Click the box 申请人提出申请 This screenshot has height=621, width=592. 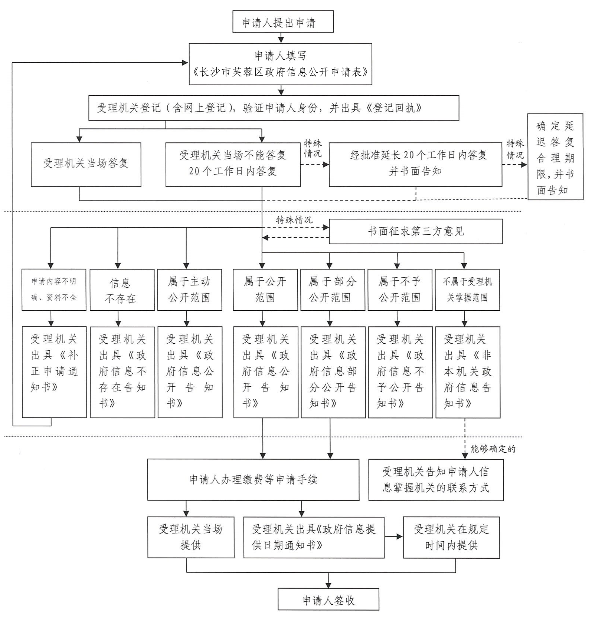point(283,22)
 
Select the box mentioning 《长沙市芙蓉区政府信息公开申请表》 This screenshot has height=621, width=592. point(280,64)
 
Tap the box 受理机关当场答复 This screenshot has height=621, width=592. point(86,164)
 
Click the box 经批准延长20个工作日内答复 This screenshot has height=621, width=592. point(415,164)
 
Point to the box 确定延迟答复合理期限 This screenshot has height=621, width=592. point(555,157)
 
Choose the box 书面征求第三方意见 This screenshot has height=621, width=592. point(416,231)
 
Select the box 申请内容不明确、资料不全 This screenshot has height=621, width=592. point(54,290)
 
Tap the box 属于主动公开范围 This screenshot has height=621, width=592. point(189,290)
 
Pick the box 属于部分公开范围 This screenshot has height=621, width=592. point(333,290)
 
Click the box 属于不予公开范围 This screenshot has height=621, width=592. point(400,290)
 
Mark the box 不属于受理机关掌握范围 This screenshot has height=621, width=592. point(467,290)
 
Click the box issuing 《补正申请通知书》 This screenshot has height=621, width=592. point(54,372)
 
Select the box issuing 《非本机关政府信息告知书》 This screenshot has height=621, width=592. point(468,372)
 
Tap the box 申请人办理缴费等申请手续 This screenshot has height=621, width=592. point(253,480)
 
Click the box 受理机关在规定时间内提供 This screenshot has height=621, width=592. point(451,537)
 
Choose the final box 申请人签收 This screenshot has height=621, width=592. point(328,601)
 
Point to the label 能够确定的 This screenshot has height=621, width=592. point(493,449)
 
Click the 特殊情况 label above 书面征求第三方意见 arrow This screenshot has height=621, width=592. point(294,220)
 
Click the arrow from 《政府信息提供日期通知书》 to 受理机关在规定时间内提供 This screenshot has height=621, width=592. point(394,536)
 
